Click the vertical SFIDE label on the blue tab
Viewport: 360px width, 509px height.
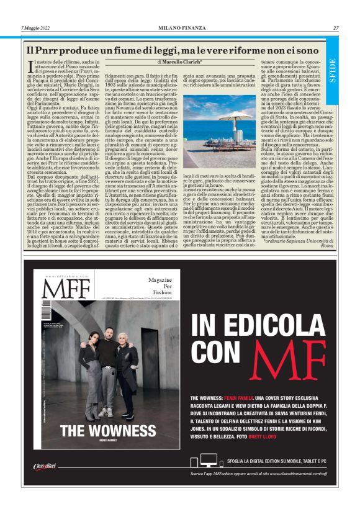pyautogui.click(x=333, y=71)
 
